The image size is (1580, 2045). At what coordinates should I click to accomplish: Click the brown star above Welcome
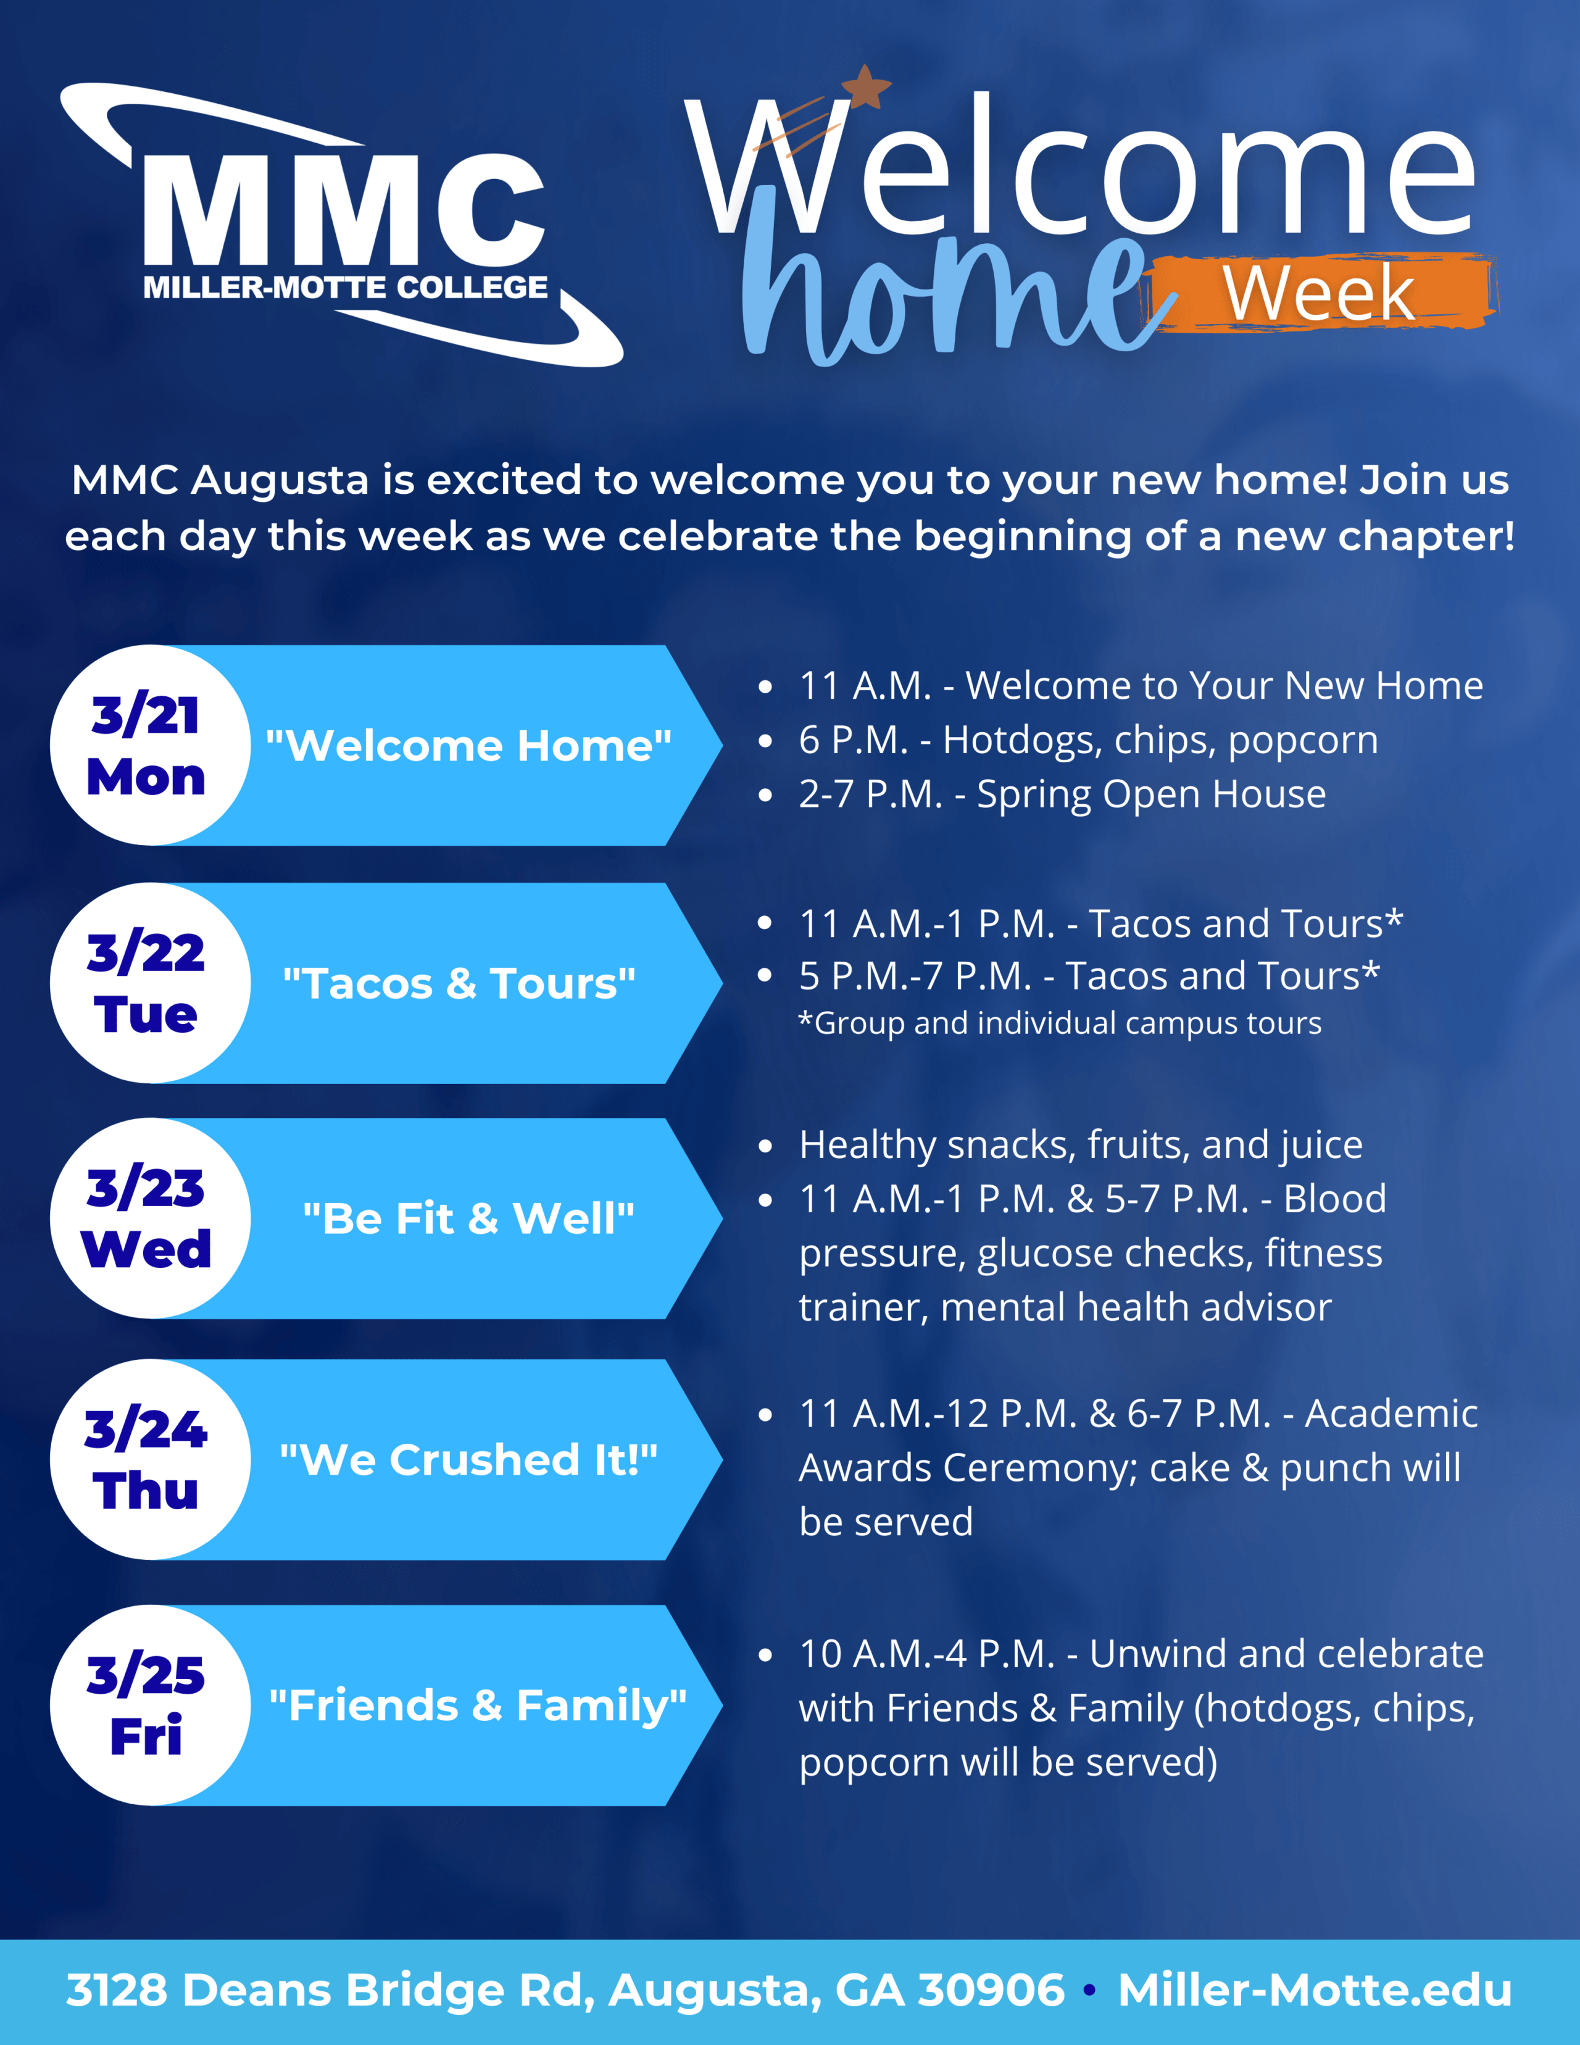coord(866,87)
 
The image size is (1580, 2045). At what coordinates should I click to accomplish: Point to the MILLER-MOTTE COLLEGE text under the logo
coord(346,288)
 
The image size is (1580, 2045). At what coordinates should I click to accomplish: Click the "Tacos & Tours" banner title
coord(459,984)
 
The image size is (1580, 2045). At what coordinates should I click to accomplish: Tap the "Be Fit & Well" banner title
coord(468,1219)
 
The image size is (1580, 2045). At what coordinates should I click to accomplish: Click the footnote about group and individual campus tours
coord(1060,1023)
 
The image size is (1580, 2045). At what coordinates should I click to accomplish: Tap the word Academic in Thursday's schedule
coord(1391,1414)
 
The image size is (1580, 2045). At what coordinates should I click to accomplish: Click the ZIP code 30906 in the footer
coord(991,1990)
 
